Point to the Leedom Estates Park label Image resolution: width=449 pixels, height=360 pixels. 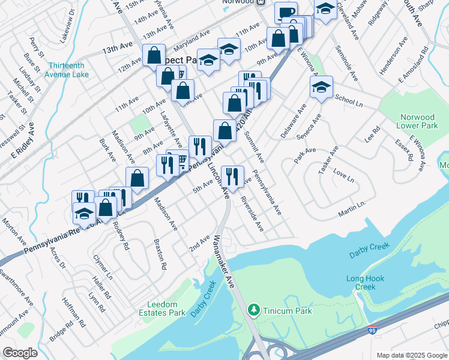point(176,308)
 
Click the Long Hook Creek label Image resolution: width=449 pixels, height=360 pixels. point(361,283)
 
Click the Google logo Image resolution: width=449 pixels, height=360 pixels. point(20,353)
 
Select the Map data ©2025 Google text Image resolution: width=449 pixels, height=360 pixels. point(412,355)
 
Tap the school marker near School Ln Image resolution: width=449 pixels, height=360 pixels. point(321,88)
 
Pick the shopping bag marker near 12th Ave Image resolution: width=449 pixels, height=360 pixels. point(154,55)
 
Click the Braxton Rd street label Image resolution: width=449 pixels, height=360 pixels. point(159,254)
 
